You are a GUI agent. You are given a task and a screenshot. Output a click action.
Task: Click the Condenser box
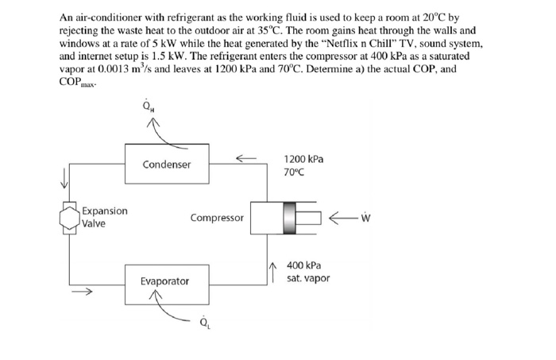click(167, 165)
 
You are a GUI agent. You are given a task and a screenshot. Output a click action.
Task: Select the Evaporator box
click(165, 281)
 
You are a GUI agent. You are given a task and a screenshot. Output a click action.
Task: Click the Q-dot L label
click(206, 323)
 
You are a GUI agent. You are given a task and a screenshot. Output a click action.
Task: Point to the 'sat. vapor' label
click(307, 278)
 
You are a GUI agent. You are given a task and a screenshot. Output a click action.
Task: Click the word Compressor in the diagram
click(217, 217)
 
